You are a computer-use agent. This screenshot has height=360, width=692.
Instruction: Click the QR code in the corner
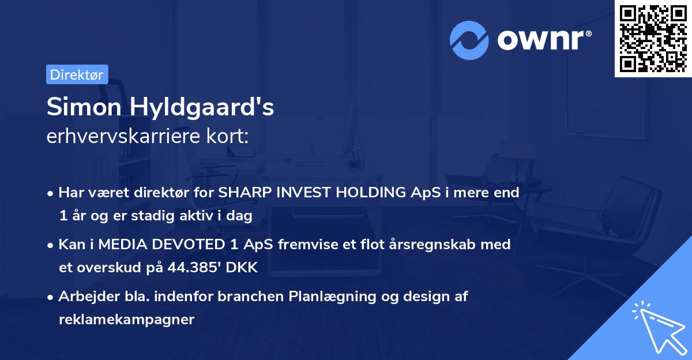[653, 39]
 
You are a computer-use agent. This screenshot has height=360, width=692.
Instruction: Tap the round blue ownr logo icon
[469, 39]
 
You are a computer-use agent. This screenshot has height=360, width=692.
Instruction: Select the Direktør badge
[77, 74]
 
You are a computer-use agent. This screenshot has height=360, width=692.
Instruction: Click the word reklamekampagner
[126, 320]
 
